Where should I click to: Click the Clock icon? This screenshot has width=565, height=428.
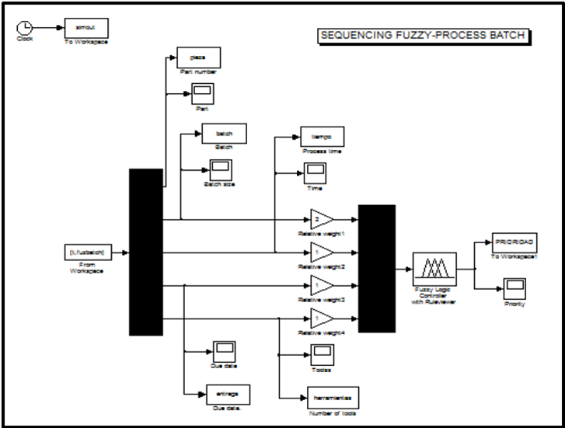pyautogui.click(x=24, y=28)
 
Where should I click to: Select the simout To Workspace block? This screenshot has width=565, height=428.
pyautogui.click(x=85, y=27)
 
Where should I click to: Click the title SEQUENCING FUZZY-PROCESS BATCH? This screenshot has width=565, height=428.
pyautogui.click(x=424, y=36)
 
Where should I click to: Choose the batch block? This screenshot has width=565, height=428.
pyautogui.click(x=225, y=133)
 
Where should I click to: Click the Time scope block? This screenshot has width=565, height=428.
pyautogui.click(x=315, y=172)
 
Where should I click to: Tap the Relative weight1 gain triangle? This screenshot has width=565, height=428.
pyautogui.click(x=319, y=220)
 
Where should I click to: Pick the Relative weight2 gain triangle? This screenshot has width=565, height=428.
pyautogui.click(x=319, y=252)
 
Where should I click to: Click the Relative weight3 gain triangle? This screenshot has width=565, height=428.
pyautogui.click(x=319, y=285)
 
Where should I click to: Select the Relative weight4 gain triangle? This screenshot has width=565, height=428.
pyautogui.click(x=319, y=318)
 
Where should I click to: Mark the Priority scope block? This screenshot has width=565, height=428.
pyautogui.click(x=514, y=288)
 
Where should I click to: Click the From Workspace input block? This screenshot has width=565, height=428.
pyautogui.click(x=88, y=252)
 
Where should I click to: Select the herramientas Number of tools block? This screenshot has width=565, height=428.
pyautogui.click(x=332, y=398)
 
